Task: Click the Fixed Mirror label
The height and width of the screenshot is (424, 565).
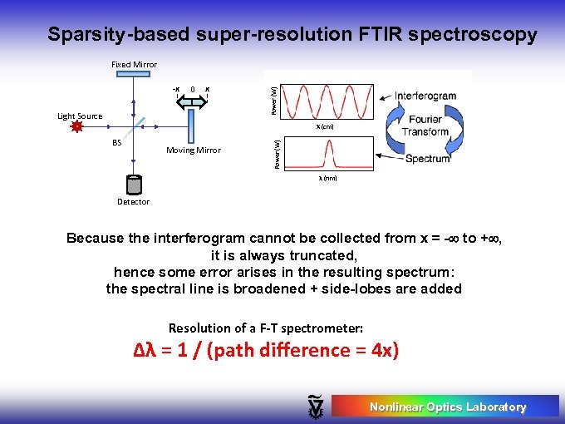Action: coord(134,65)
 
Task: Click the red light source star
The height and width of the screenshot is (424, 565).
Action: coord(77,127)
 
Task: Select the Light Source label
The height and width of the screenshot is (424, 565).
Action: coord(80,116)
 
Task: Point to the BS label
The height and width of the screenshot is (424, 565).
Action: coord(117,143)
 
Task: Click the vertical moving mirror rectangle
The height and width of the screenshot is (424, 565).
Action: coord(191,126)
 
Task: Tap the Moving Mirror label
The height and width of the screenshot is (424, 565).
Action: coord(194,150)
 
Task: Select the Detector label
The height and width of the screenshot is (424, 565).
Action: coord(134,202)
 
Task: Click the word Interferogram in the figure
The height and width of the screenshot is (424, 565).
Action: coord(425,96)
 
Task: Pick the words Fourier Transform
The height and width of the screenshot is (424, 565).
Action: coord(425,126)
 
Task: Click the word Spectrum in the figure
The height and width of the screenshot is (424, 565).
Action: coord(428,158)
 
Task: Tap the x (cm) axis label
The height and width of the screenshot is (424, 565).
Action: coord(324,127)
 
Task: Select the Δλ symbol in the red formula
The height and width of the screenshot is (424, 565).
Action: coord(145,350)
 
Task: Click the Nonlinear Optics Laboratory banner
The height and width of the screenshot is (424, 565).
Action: coord(446,407)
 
